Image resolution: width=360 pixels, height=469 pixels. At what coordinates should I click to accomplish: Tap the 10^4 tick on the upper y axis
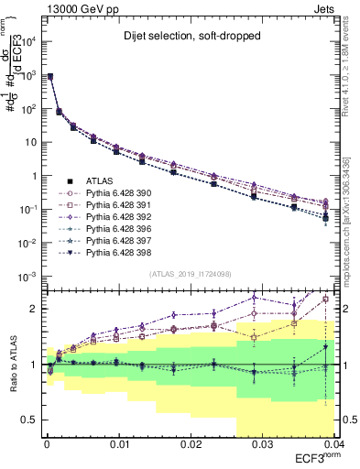tap(29, 42)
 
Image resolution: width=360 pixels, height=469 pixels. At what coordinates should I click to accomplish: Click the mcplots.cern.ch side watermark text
tap(352, 220)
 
